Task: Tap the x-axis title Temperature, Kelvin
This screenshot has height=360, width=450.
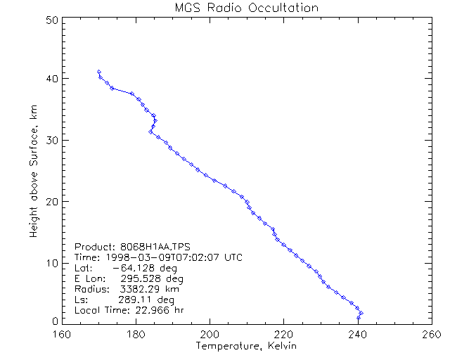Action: tap(246, 346)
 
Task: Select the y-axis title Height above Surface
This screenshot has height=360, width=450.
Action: tap(34, 168)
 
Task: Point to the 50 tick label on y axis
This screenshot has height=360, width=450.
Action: tap(51, 20)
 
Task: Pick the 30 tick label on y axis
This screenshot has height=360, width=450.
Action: tap(51, 140)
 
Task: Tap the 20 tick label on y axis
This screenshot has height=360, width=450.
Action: tap(51, 202)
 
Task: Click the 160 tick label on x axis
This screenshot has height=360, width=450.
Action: tap(63, 334)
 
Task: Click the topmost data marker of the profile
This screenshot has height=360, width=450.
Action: tap(99, 72)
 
